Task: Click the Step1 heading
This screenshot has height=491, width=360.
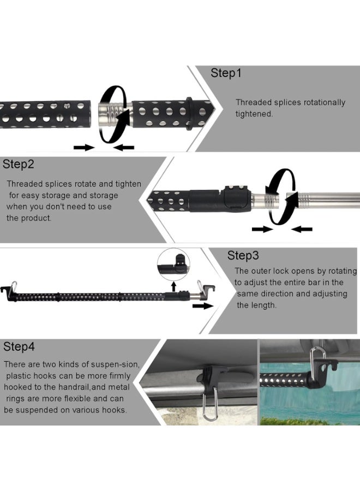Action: [226, 74]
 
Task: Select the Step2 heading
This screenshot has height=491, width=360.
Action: [18, 164]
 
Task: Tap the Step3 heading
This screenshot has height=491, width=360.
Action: [243, 255]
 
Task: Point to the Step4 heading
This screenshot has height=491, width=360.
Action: [19, 346]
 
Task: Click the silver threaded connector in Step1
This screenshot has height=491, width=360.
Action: [109, 116]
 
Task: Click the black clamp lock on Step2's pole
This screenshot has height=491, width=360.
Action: [236, 197]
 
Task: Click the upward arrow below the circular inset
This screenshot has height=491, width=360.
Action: [173, 286]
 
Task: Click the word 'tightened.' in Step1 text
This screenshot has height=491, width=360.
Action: [254, 115]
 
